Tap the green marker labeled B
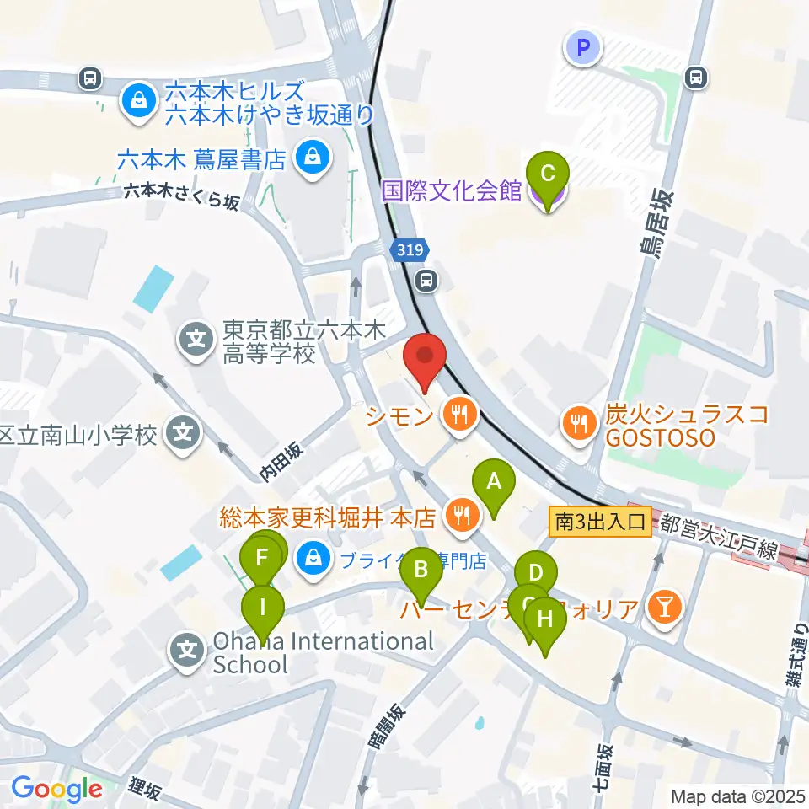click(x=421, y=577)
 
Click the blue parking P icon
click(x=583, y=47)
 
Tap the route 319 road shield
click(x=410, y=250)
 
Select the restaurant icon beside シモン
click(x=459, y=414)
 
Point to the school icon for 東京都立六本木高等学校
click(x=196, y=340)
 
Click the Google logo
click(x=56, y=789)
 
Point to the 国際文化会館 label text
click(x=452, y=190)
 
